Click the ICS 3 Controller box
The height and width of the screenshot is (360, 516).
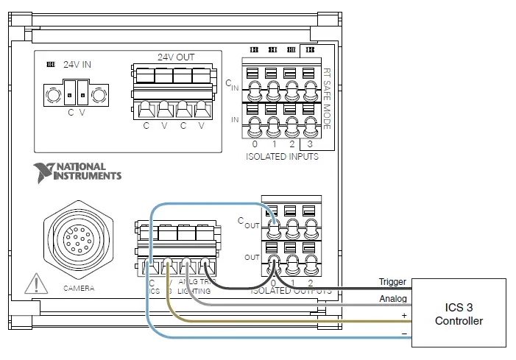tap(459, 313)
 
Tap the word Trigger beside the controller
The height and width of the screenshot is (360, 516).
tap(392, 282)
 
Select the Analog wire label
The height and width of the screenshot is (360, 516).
tap(392, 299)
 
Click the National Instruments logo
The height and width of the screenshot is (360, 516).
tap(77, 172)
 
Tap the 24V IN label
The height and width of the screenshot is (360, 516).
tap(77, 65)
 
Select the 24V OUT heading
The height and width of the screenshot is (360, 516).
tap(176, 57)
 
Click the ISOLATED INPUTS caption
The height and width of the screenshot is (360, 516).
tap(283, 157)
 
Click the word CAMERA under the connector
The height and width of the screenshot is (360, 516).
tap(78, 288)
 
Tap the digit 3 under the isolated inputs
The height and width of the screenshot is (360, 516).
tap(309, 144)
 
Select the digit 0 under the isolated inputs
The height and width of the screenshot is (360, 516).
tap(255, 144)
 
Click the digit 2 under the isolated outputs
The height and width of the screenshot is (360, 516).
tap(311, 283)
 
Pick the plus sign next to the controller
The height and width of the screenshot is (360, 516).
tap(403, 315)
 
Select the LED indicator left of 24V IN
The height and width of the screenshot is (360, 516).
tap(51, 65)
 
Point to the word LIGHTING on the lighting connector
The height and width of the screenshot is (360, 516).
tap(193, 291)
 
